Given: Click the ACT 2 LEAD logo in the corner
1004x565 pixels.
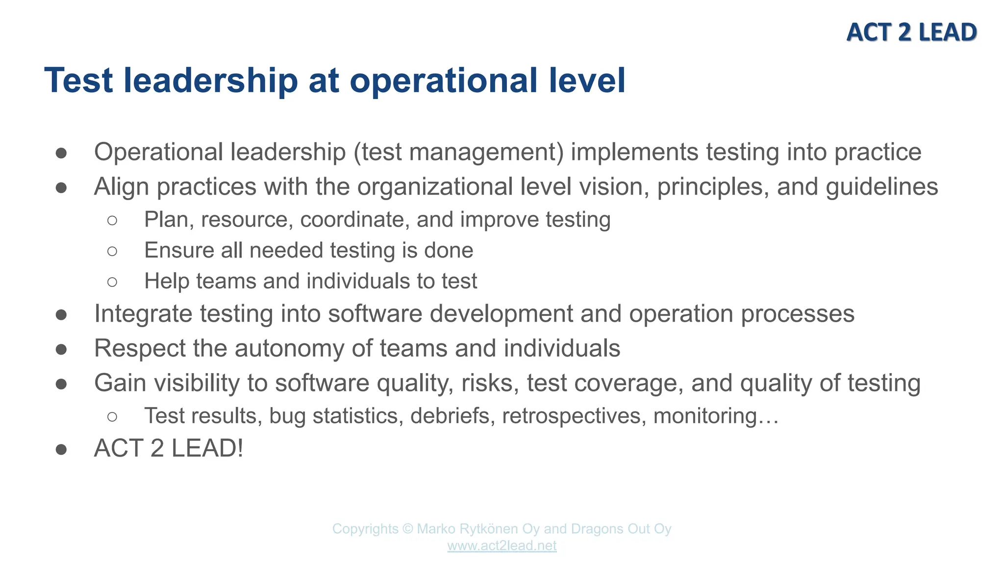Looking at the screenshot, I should coord(911,32).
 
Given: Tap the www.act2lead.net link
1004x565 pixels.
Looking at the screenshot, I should coord(502,545).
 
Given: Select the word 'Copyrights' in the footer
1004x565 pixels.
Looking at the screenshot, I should coord(365,529).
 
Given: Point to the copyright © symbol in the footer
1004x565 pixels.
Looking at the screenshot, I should coord(407,529).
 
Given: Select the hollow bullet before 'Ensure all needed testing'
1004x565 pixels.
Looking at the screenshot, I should coord(112,251).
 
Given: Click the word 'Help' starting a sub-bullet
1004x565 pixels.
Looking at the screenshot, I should coord(167,281).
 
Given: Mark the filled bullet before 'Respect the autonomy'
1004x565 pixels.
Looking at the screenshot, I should coord(61,349).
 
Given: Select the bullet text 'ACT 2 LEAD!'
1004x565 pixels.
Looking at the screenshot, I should coord(169,448).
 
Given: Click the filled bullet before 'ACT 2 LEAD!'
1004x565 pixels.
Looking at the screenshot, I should coord(61,449).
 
